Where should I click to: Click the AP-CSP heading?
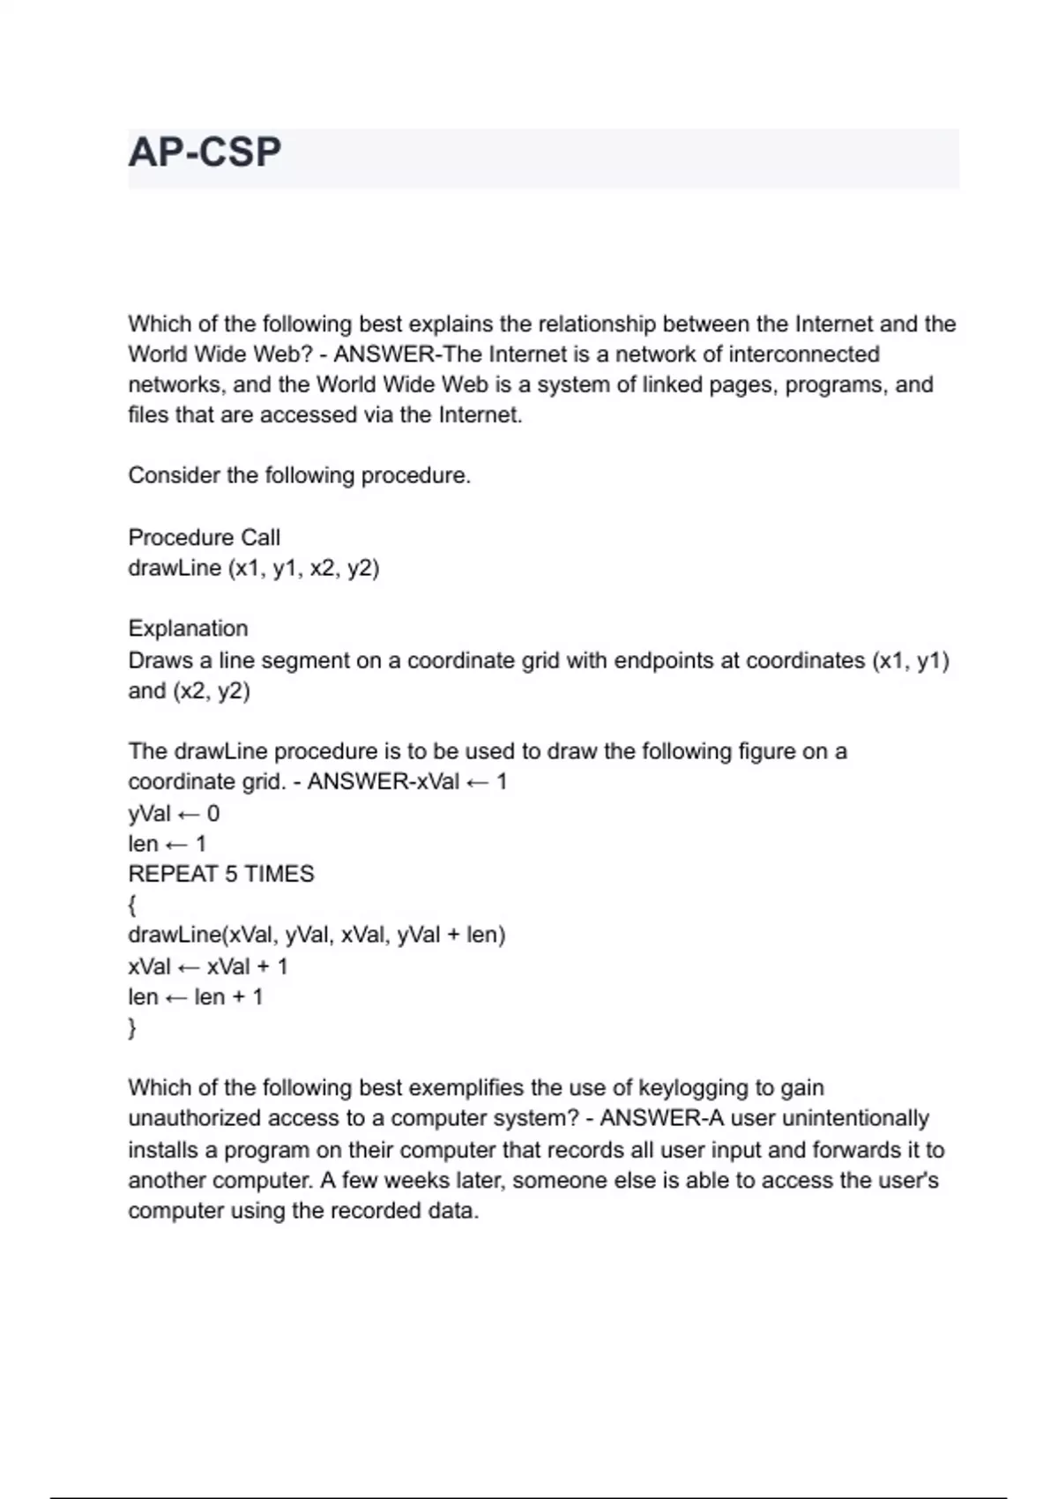tap(205, 153)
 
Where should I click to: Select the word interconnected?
tap(803, 354)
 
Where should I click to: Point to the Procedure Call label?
tap(204, 538)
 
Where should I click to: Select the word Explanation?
tap(188, 629)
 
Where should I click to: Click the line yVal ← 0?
tap(174, 813)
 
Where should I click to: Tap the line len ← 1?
tap(167, 844)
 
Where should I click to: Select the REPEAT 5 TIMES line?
tap(220, 874)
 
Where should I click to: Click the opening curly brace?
tap(132, 905)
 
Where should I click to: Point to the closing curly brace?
tap(132, 1027)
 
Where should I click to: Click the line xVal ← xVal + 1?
tap(208, 966)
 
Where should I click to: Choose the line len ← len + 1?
tap(195, 997)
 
